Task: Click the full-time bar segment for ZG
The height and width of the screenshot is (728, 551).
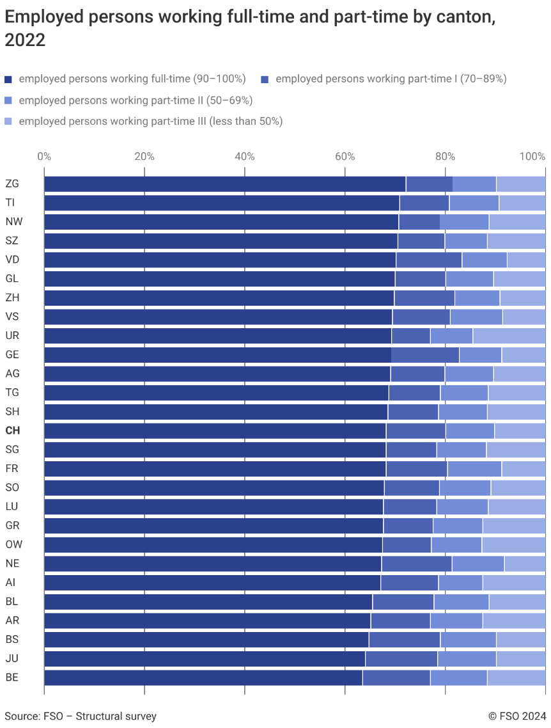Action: (x=224, y=184)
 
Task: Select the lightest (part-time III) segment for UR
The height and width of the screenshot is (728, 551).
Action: (x=509, y=336)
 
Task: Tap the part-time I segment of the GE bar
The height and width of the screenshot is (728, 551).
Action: (x=425, y=355)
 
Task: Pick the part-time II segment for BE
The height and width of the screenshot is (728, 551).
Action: (x=458, y=678)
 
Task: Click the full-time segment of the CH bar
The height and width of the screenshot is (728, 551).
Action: (x=215, y=431)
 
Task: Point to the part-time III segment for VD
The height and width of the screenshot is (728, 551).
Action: (x=526, y=260)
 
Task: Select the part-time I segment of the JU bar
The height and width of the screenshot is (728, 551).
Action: (x=401, y=659)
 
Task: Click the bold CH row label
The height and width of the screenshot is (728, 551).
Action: (x=12, y=431)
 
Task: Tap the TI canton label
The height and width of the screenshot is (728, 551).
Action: (x=10, y=203)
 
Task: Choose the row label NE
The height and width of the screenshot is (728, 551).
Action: (x=12, y=564)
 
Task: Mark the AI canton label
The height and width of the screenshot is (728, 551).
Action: (x=10, y=583)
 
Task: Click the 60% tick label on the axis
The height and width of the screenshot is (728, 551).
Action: (x=345, y=156)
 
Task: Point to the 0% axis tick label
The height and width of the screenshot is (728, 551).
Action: (x=44, y=156)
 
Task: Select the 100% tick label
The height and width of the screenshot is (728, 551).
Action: (x=532, y=156)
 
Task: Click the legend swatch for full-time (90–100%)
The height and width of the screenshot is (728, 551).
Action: (x=8, y=79)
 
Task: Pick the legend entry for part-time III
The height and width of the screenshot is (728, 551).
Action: (x=150, y=121)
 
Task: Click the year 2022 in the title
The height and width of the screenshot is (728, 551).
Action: (x=25, y=40)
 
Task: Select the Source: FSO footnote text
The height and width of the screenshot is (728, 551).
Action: (x=81, y=716)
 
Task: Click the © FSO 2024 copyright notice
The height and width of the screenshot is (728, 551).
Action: (x=516, y=716)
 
